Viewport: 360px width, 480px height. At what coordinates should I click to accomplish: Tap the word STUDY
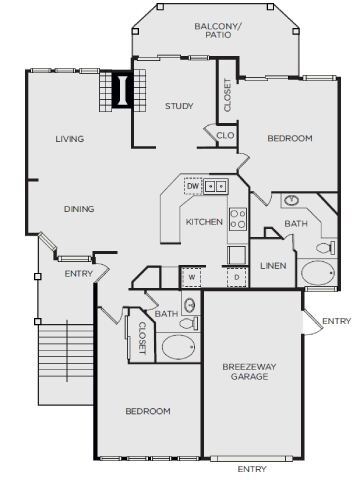coord(180,106)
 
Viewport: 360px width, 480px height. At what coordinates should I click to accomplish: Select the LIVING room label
coord(69,139)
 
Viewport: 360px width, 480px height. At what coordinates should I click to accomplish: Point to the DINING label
coord(78,209)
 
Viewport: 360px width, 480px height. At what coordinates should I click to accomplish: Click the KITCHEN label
coord(204,222)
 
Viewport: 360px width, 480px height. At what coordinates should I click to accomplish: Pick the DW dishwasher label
coord(192,186)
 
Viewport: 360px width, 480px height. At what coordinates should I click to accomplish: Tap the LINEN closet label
coord(274,266)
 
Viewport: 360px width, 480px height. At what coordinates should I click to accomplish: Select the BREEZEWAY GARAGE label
coord(245,372)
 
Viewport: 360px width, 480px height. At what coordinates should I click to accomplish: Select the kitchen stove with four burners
coord(238,218)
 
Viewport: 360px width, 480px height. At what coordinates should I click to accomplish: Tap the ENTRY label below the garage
coord(252,468)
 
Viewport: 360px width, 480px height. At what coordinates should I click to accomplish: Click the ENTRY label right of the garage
coord(337,321)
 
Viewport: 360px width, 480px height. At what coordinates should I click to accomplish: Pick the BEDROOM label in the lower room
coord(147,411)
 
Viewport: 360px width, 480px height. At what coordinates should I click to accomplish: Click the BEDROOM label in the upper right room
coord(290,138)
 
